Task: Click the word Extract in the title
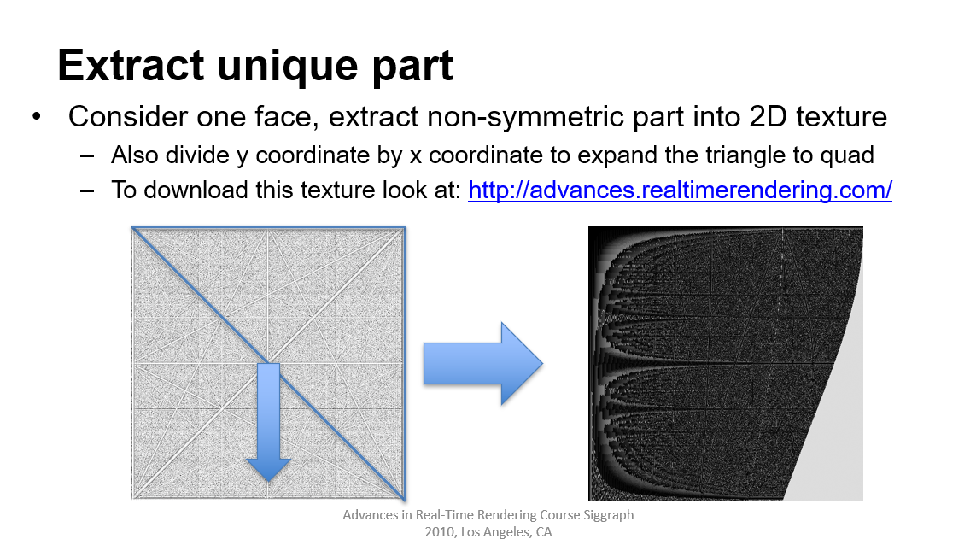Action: (x=131, y=65)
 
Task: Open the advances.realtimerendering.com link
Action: (x=680, y=190)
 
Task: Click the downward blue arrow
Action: (x=268, y=422)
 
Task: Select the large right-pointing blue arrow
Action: (x=483, y=364)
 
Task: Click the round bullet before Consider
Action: (x=37, y=116)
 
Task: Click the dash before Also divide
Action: (x=87, y=155)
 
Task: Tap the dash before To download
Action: (x=87, y=190)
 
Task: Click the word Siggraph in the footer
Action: (x=608, y=515)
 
